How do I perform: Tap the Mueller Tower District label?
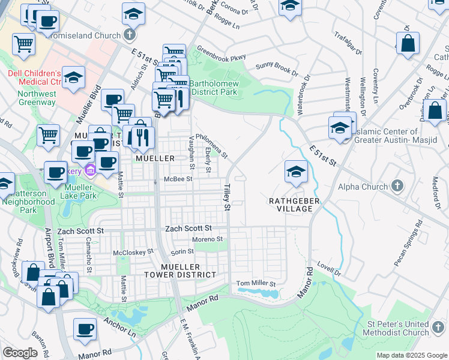click(x=179, y=270)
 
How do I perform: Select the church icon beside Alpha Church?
click(x=396, y=187)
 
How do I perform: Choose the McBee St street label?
click(x=178, y=179)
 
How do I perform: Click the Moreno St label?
click(x=207, y=239)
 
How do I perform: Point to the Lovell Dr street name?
click(x=329, y=272)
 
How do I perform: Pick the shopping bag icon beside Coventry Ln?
click(x=408, y=43)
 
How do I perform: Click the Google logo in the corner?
click(x=20, y=352)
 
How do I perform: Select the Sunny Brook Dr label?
click(x=277, y=69)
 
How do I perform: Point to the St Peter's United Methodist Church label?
click(x=397, y=328)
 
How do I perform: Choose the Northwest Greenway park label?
click(x=37, y=98)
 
